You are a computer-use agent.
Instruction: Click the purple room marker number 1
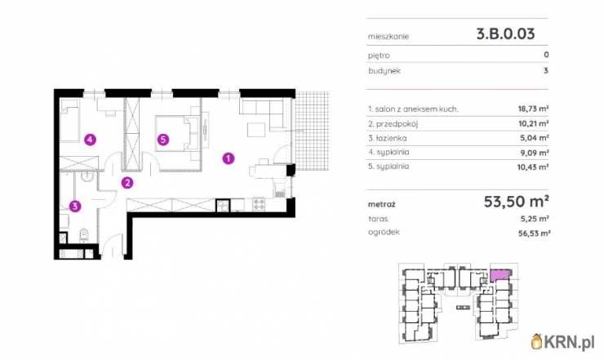229,158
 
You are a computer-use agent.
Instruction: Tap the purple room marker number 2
127,183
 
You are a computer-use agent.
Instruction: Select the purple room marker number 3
75,207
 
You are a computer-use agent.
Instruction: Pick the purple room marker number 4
90,139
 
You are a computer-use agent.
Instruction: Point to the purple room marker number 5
163,139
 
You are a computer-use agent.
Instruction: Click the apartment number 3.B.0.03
505,34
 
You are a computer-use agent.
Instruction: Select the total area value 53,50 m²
516,201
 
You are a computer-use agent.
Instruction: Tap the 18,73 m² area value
533,109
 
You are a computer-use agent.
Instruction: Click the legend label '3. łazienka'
387,138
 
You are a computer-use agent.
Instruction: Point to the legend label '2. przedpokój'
393,124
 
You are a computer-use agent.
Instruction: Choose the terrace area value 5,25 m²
535,219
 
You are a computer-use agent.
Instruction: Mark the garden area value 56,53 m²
534,233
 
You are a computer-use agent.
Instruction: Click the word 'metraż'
381,204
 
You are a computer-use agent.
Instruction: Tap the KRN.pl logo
562,341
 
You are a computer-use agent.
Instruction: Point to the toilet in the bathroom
84,235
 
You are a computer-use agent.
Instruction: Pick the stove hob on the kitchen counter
259,204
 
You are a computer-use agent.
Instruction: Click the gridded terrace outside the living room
312,131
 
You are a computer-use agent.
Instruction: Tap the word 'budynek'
384,71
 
